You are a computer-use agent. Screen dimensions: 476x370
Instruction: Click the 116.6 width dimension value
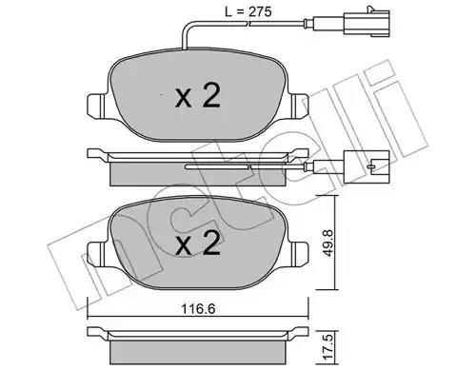pos(198,308)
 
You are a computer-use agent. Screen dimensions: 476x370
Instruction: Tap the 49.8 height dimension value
pos(328,243)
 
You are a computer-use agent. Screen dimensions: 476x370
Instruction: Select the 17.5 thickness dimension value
pos(328,350)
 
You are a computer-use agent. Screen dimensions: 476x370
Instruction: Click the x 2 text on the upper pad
pos(198,96)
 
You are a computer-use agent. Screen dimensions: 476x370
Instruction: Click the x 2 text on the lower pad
pos(198,243)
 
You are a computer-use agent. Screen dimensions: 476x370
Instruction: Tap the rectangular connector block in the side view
pos(367,166)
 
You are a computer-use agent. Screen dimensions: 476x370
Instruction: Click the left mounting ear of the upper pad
pos(97,107)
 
